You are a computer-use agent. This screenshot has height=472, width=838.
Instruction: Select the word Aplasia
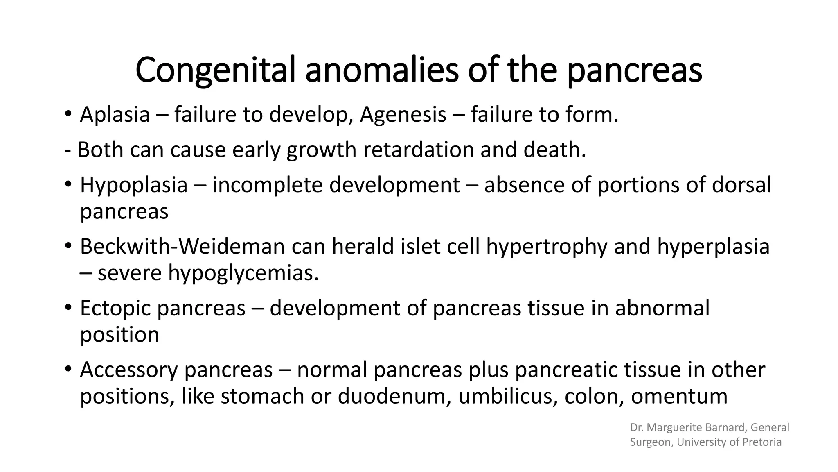[115, 114]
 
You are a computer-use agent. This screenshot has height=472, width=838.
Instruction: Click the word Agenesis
[403, 114]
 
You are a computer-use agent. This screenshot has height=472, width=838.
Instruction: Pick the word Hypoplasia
[134, 185]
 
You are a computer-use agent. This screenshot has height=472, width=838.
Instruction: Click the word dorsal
[741, 185]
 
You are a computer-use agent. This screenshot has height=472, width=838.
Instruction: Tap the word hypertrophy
[547, 247]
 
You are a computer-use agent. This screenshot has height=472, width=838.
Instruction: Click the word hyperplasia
[713, 247]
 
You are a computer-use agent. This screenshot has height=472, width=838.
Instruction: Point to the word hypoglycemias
[243, 273]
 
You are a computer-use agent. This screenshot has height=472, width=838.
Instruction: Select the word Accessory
[129, 370]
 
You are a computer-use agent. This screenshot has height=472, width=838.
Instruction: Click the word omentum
[679, 396]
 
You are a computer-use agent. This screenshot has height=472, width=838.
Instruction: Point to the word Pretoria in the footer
[762, 442]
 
